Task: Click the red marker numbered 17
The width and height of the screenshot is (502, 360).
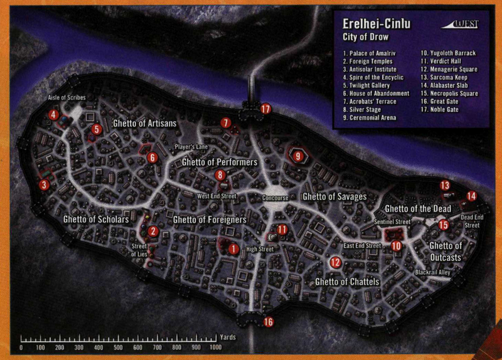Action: click(265, 109)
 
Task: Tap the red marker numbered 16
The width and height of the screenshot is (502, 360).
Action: click(269, 322)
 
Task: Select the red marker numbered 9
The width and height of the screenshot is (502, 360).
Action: click(297, 156)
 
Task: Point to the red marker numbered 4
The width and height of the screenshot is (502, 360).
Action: click(54, 115)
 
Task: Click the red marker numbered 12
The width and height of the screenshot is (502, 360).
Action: click(335, 262)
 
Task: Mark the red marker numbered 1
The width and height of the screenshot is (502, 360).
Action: click(233, 249)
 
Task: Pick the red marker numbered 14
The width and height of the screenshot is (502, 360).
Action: click(471, 196)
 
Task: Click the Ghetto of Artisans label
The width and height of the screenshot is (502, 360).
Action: click(144, 124)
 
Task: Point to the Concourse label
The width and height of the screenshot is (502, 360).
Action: click(275, 198)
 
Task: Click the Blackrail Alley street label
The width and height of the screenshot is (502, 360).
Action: click(433, 273)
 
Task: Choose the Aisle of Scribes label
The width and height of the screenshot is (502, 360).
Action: click(66, 99)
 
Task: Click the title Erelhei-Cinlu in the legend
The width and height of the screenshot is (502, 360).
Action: click(376, 24)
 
